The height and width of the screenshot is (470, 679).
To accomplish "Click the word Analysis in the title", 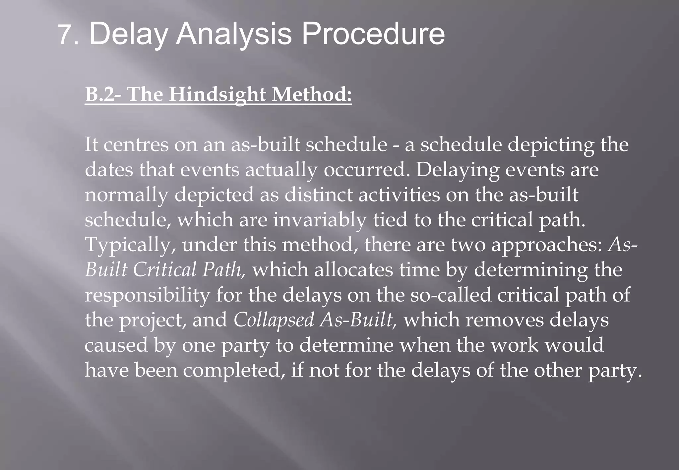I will tap(233, 35).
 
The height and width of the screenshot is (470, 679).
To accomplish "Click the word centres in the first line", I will tap(136, 145).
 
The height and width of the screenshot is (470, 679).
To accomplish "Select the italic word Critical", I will tap(165, 270).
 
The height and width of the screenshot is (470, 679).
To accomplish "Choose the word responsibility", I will tap(147, 295).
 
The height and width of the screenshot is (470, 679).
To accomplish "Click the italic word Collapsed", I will tap(274, 320).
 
